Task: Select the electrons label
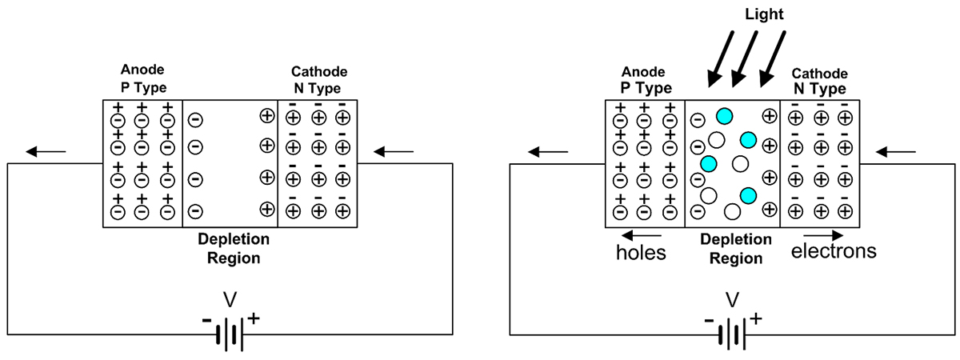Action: pyautogui.click(x=834, y=251)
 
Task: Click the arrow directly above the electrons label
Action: pyautogui.click(x=823, y=236)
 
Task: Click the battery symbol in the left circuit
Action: pyautogui.click(x=230, y=334)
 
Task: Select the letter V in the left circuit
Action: pyautogui.click(x=230, y=300)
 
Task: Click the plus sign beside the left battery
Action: pyautogui.click(x=254, y=318)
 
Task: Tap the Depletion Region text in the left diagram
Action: pyautogui.click(x=234, y=249)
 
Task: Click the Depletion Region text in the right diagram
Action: pyautogui.click(x=735, y=249)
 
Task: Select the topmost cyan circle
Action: pyautogui.click(x=724, y=116)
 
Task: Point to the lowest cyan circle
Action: pyautogui.click(x=749, y=195)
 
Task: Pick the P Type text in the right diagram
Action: pyautogui.click(x=646, y=88)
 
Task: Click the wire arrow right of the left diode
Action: pyautogui.click(x=394, y=150)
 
